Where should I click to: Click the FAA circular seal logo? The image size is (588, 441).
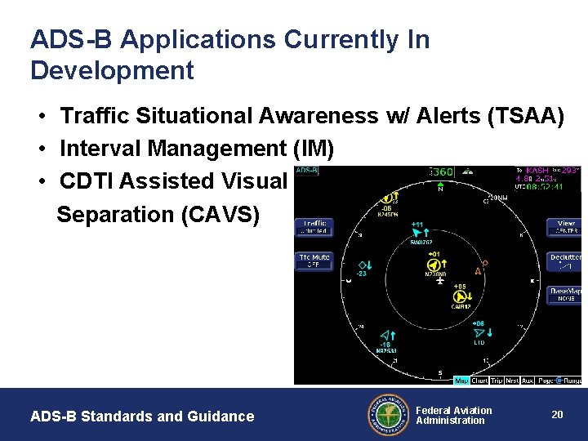point(389,415)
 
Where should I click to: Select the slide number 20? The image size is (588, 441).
point(557,415)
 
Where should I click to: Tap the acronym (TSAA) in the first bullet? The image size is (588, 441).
point(525,117)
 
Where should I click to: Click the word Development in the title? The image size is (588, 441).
point(112,71)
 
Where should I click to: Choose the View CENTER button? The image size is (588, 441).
point(565,227)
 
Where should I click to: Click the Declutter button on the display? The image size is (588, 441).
point(565,261)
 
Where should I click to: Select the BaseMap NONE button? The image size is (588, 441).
point(565,294)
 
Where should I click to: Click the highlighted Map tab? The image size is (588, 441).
point(461,381)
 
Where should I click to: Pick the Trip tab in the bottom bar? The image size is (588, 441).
point(497,381)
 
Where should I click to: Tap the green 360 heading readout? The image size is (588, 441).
point(442,172)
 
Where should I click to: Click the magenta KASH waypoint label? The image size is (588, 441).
point(537,171)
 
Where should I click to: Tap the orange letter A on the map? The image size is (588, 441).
point(477,271)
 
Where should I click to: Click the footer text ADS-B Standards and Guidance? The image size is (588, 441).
point(142,416)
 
